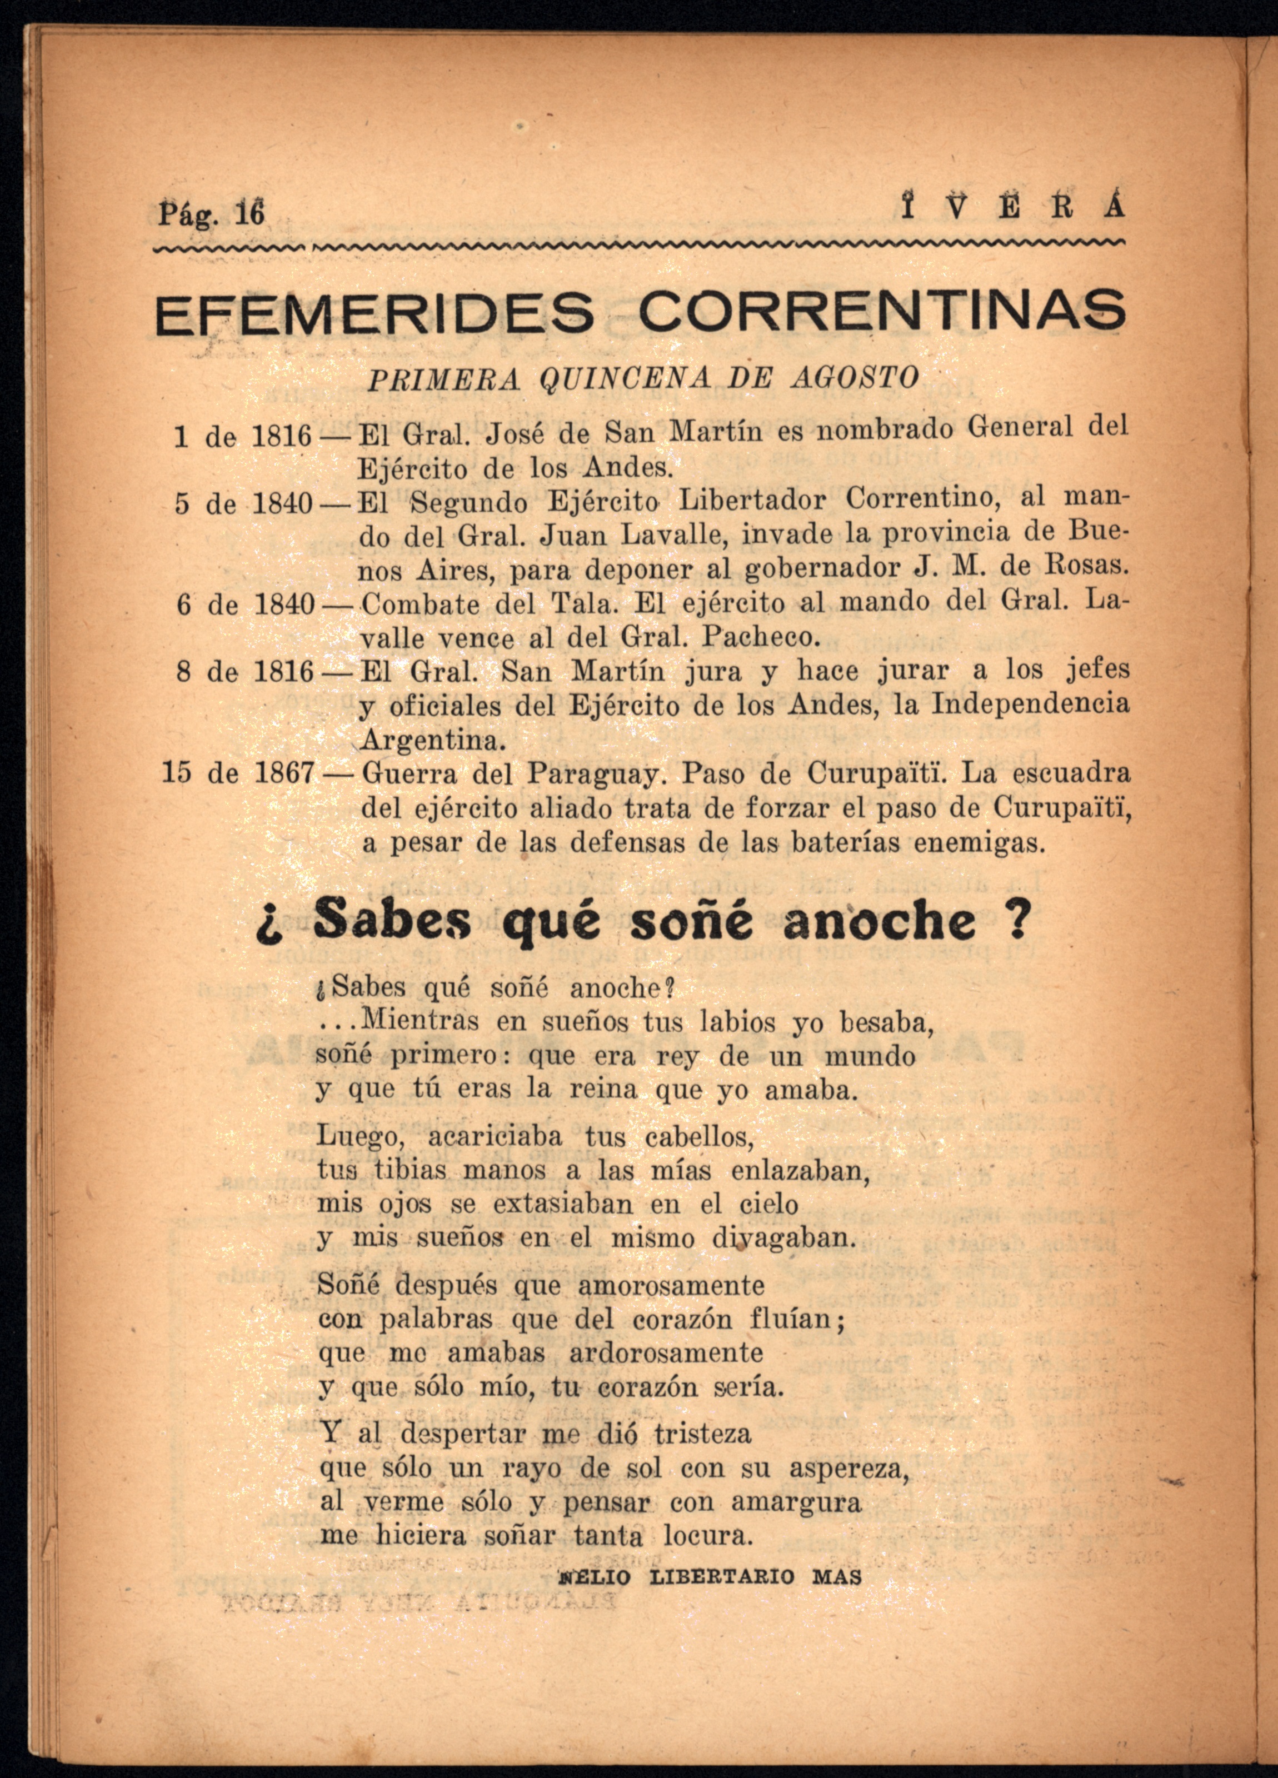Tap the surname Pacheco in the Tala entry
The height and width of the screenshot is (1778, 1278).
pos(759,637)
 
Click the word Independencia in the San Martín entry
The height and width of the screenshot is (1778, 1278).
pos(1030,704)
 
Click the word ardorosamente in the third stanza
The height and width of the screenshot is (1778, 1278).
pos(666,1352)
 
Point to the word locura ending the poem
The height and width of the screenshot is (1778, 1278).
pos(708,1536)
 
